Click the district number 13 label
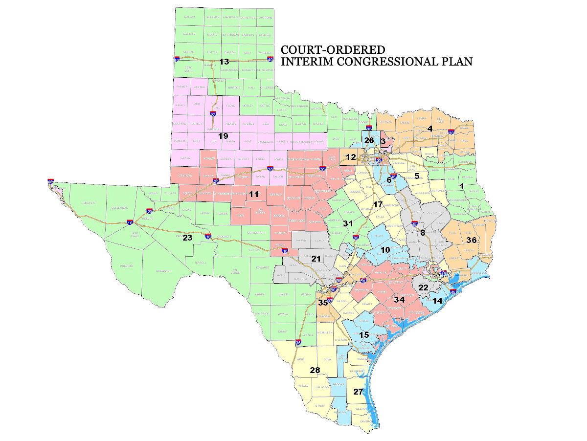click(x=224, y=62)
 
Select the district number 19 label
click(x=223, y=135)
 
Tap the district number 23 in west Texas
click(x=187, y=239)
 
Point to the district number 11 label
click(x=253, y=194)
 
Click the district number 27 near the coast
click(x=359, y=392)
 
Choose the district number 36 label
click(x=472, y=240)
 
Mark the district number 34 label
click(x=399, y=299)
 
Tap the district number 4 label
click(x=430, y=129)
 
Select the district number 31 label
click(x=348, y=223)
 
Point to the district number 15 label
click(x=364, y=335)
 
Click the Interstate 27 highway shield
click(x=213, y=114)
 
